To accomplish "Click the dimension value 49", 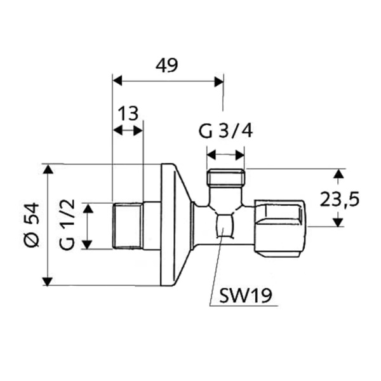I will [x=167, y=65].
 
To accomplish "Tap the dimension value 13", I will [x=128, y=114].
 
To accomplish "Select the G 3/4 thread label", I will [x=225, y=131].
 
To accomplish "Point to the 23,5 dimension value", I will [x=340, y=199].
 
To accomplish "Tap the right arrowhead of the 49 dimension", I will [x=219, y=81].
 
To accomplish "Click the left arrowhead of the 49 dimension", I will [x=117, y=81].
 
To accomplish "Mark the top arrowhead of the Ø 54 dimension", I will [x=48, y=169].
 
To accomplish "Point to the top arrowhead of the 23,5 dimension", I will [x=339, y=173].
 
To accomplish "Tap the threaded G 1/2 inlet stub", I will [x=126, y=225].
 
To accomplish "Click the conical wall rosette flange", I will [x=174, y=225].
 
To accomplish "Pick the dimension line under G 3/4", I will [x=225, y=154].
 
